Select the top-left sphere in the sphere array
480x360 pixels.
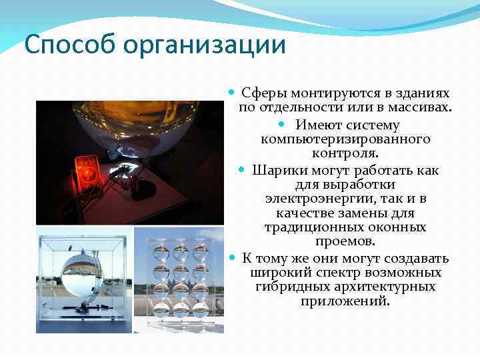click(162, 253)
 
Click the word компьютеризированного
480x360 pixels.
click(345, 139)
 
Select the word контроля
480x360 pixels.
click(345, 154)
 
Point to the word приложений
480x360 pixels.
click(344, 301)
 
